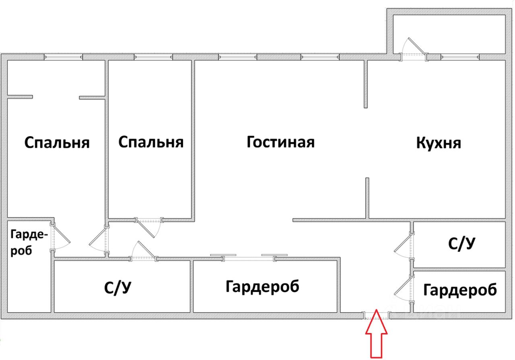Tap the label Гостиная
point(280,142)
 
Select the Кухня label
point(439,143)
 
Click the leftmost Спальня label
point(57,143)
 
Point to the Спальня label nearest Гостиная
point(151,142)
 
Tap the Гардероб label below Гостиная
point(262,287)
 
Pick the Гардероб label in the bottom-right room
point(460,290)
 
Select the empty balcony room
point(449,34)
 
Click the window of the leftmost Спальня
point(64,57)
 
